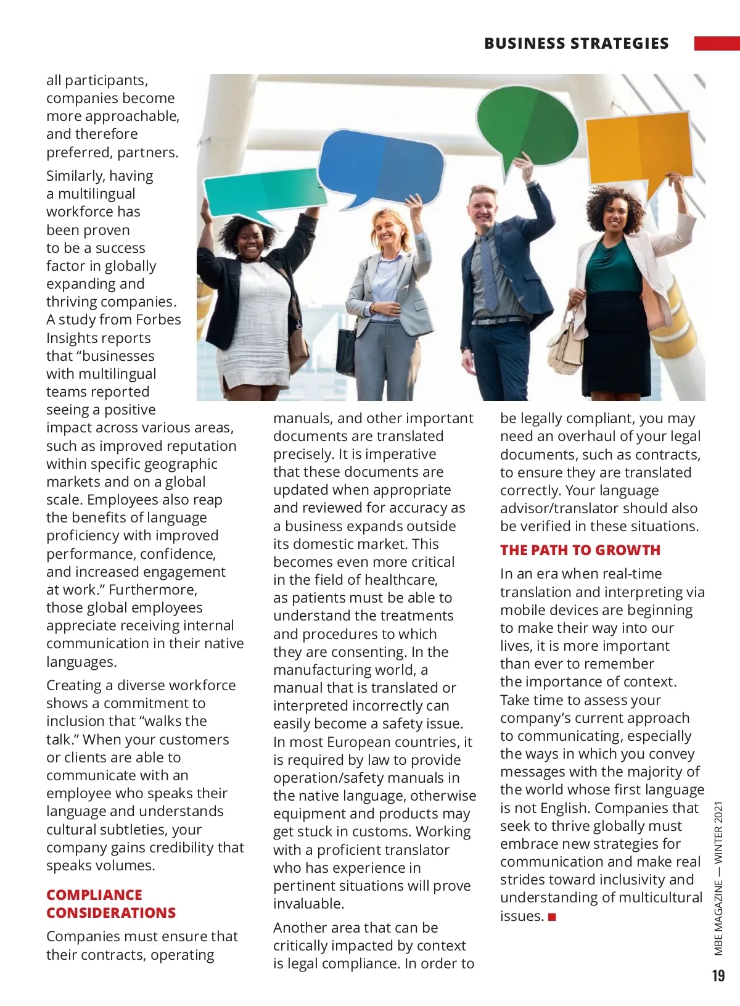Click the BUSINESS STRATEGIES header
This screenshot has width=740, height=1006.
tap(576, 43)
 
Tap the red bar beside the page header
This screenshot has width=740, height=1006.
tap(717, 43)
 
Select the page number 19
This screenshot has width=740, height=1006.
tap(718, 975)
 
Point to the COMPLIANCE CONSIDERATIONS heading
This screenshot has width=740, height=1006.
tap(111, 904)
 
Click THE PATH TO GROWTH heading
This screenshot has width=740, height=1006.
tap(580, 550)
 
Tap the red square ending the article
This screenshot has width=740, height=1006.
tap(552, 917)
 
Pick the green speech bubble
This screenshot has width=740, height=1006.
tap(527, 126)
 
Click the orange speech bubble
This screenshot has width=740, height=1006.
tap(638, 148)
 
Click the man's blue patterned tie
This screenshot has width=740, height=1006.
tap(490, 271)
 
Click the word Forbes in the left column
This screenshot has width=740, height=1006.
tap(158, 320)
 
